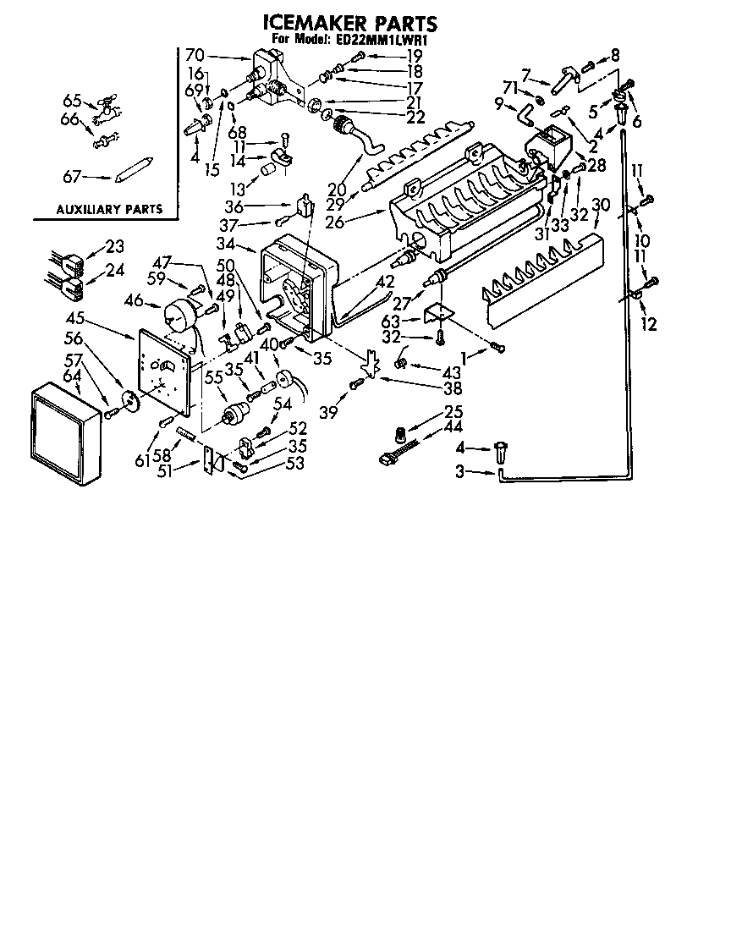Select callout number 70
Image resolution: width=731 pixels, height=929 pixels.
click(195, 56)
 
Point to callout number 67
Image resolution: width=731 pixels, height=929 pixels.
click(74, 177)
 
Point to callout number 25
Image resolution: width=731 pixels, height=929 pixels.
click(453, 412)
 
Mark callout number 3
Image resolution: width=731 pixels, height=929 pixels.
click(459, 472)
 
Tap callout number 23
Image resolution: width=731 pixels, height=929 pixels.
click(114, 246)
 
